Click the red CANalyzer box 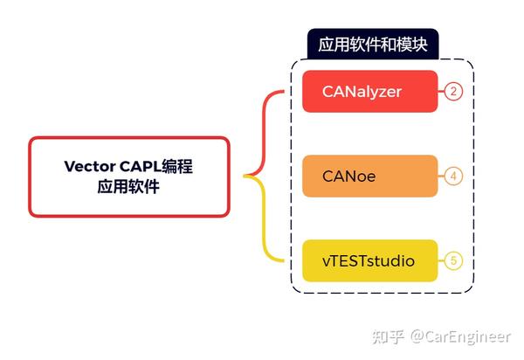pos(369,92)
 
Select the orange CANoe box pos(369,176)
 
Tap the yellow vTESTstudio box pos(369,260)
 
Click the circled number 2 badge pos(452,92)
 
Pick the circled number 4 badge pos(452,176)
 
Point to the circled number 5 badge pos(452,260)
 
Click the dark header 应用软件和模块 pos(372,45)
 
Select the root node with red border pos(129,176)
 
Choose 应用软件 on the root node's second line pos(129,187)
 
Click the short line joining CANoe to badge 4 pos(440,176)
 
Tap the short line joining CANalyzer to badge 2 pos(440,92)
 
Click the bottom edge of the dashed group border pos(384,292)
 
